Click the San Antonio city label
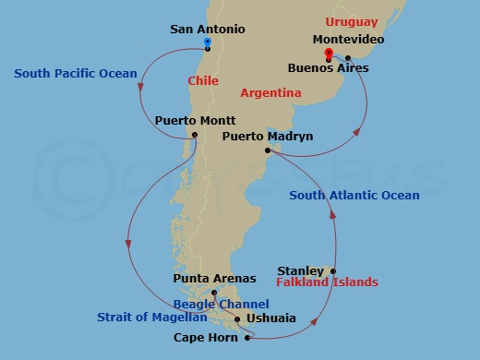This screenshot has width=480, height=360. tap(208, 29)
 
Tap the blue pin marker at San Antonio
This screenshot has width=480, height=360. tap(207, 42)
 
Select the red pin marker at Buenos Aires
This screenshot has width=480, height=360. tap(329, 55)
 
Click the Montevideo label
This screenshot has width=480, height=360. tap(348, 40)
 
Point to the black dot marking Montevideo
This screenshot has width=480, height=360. tap(348, 58)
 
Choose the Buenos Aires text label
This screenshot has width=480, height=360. tap(328, 68)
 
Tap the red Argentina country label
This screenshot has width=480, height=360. tap(270, 93)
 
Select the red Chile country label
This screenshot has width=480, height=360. tap(203, 81)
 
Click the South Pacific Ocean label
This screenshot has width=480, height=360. tap(75, 73)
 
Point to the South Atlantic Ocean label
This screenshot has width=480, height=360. tap(354, 195)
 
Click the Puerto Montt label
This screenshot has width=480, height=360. tap(195, 121)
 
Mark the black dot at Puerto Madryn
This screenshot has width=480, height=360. tap(267, 150)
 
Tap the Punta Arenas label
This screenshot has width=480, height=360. tap(215, 278)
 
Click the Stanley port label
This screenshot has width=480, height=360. tap(301, 271)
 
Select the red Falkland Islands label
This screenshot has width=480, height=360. tap(328, 282)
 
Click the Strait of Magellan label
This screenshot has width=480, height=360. tap(151, 318)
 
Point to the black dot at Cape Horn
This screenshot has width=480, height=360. tap(247, 338)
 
